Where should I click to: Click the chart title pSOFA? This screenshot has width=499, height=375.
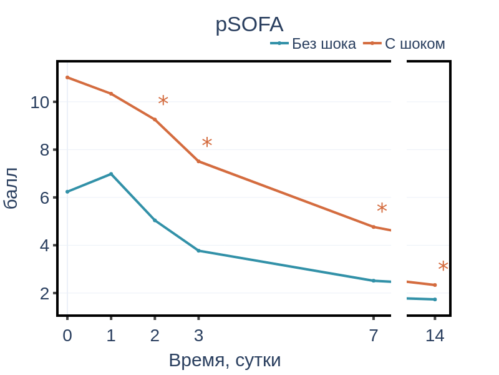coord(249,24)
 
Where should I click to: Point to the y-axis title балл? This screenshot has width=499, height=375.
coord(11,188)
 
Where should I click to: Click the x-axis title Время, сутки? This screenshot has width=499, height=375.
coord(225,361)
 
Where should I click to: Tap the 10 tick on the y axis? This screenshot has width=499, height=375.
coord(39,102)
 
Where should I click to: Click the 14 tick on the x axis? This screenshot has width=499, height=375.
coord(435,336)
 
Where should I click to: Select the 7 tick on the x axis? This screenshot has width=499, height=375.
coord(374,336)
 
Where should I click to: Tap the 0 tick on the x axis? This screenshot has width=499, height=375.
coord(67,336)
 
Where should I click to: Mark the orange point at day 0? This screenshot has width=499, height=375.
coord(67,77)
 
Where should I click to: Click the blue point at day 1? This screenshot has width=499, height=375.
coord(111,174)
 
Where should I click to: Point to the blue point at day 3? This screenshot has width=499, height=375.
coord(198,251)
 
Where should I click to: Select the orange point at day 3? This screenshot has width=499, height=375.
coord(198,161)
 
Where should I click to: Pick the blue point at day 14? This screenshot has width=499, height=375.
coord(435,299)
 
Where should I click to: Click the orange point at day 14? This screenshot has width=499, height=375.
coord(435,285)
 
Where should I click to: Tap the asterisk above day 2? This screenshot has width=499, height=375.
coord(163,100)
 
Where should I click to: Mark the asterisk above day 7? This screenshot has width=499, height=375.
coord(382,208)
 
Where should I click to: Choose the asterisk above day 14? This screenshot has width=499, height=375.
coord(443,266)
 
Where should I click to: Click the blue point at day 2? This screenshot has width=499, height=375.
coord(155,220)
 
